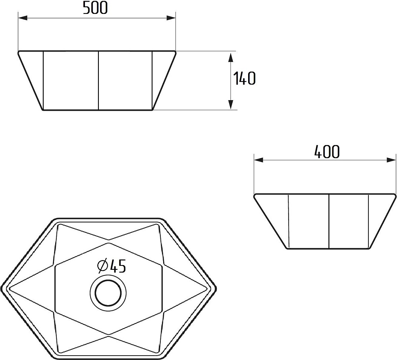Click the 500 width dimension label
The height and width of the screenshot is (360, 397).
[x=95, y=8]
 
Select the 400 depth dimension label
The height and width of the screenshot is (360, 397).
[x=327, y=152]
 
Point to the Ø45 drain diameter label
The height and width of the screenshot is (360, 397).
[x=112, y=267]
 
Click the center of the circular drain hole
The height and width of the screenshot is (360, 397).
[x=108, y=293]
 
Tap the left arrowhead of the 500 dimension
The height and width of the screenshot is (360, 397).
[x=23, y=18]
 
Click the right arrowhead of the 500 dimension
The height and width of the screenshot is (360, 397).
[x=171, y=18]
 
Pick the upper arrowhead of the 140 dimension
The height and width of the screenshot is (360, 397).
[x=230, y=57]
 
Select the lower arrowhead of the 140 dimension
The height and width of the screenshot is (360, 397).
[x=230, y=105]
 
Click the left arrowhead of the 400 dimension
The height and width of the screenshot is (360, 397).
[x=259, y=160]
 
